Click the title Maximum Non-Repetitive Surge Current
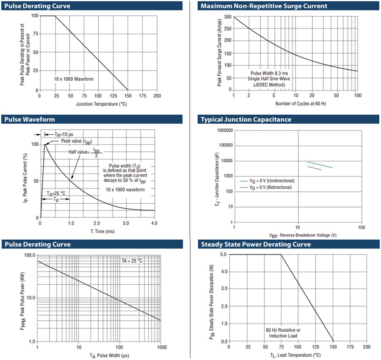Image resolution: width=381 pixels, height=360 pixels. [x=264, y=6]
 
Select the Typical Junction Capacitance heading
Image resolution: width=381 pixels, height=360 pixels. [x=246, y=119]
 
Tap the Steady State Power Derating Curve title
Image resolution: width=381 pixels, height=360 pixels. [x=256, y=244]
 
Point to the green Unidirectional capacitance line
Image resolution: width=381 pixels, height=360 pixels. [x=320, y=165]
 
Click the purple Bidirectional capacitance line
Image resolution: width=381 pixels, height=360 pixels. [x=314, y=168]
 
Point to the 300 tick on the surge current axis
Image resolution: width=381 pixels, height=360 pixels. [x=227, y=17]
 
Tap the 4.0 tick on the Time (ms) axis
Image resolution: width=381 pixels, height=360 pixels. [x=155, y=223]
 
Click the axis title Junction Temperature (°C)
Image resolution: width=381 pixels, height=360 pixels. [x=102, y=104]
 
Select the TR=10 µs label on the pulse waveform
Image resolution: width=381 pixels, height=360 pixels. [x=64, y=134]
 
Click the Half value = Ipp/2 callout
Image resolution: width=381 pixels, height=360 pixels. [x=86, y=152]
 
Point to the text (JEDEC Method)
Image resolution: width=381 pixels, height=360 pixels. [x=269, y=85]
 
